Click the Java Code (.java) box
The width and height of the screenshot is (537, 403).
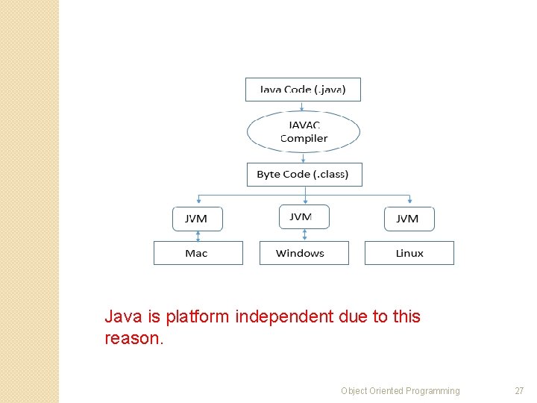point(303,90)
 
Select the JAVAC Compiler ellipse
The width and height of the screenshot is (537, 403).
point(304,132)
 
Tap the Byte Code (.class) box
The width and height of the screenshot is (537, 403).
point(304,175)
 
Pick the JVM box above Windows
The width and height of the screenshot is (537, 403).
point(304,216)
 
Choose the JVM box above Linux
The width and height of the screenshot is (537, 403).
point(409,219)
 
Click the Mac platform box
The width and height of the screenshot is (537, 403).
point(198,253)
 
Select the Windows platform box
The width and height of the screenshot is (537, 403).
point(304,253)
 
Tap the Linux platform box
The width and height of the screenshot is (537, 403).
point(409,253)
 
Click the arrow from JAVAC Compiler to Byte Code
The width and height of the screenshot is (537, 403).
point(304,157)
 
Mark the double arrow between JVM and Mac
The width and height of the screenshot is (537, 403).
point(198,236)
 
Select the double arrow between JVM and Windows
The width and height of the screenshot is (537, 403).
point(304,235)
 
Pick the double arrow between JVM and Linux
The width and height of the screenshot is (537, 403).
point(409,236)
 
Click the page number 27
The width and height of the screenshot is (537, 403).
point(519,391)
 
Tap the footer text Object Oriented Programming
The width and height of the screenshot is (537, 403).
point(401,391)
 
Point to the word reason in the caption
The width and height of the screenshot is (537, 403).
point(131,339)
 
